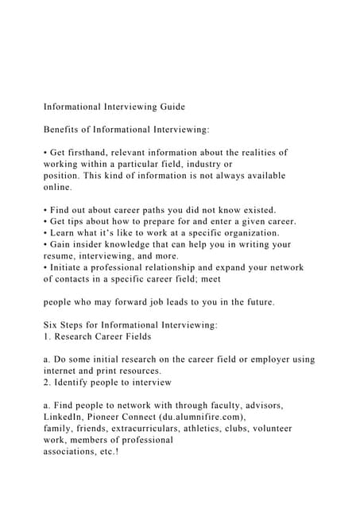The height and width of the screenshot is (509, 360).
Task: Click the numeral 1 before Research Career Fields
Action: coord(45,337)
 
